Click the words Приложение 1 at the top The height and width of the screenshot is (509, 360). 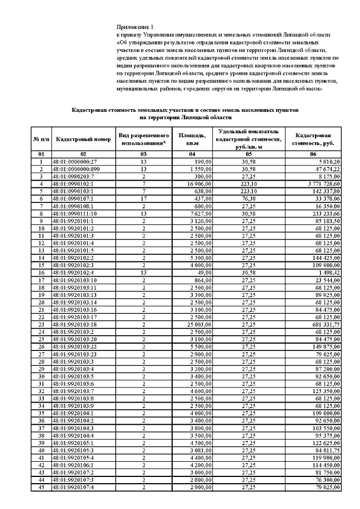tap(134, 27)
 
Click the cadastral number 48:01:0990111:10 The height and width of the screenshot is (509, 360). tap(74, 214)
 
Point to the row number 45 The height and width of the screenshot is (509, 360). tap(40, 487)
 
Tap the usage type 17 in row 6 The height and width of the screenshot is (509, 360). tap(143, 199)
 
